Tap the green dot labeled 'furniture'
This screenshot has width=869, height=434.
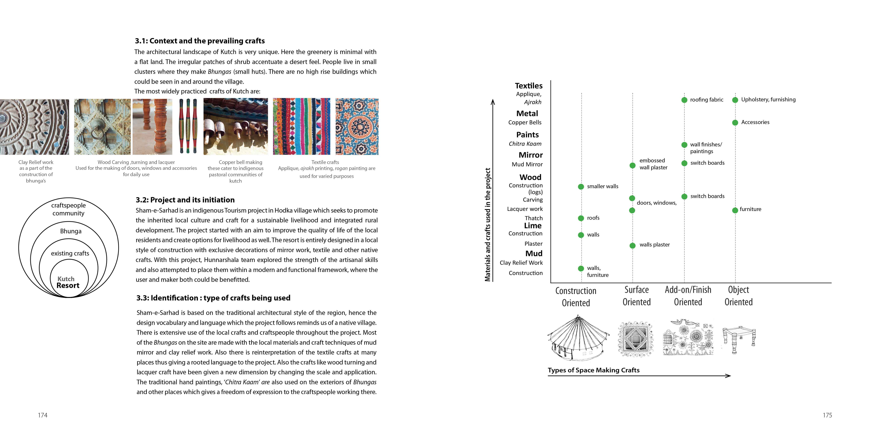click(735, 210)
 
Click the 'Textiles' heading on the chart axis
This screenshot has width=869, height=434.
click(529, 86)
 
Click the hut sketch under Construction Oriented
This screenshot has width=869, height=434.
click(578, 338)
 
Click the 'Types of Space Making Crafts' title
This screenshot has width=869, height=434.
click(593, 370)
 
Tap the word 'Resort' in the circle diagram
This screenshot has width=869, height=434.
click(68, 285)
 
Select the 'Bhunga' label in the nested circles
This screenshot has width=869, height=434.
click(71, 231)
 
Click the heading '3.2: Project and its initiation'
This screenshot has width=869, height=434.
click(185, 200)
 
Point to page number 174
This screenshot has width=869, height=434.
click(42, 415)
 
